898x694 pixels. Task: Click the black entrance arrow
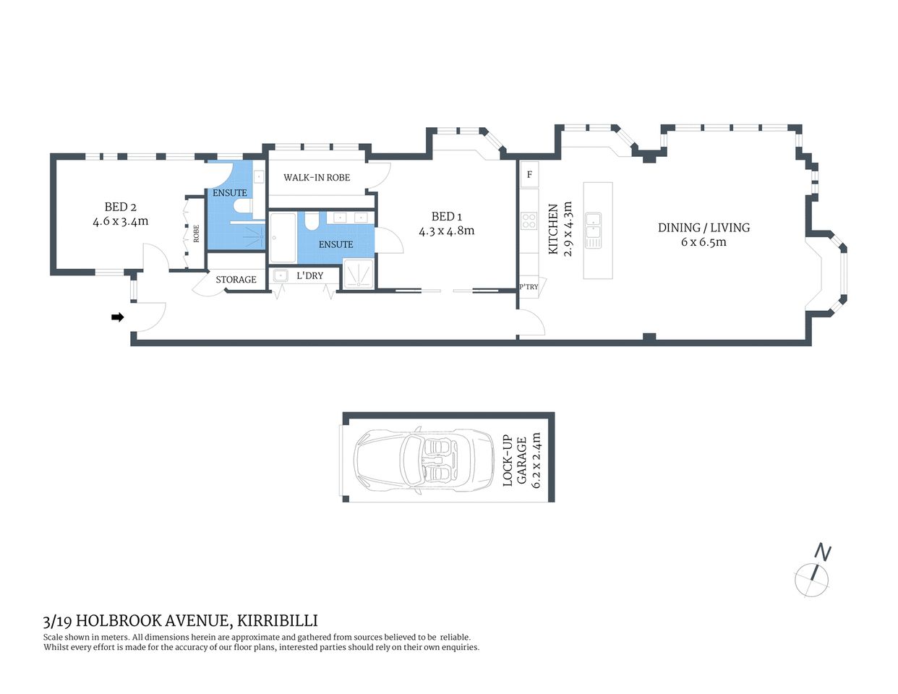click(x=117, y=317)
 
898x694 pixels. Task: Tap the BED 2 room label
click(x=120, y=207)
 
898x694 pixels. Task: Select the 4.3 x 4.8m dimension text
click(x=446, y=231)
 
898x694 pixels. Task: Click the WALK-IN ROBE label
click(x=317, y=178)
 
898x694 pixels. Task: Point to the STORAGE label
click(x=236, y=280)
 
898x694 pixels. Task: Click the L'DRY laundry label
click(x=310, y=276)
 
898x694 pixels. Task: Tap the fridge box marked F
click(x=529, y=175)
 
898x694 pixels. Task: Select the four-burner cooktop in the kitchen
click(x=529, y=220)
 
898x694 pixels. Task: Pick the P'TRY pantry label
click(x=529, y=287)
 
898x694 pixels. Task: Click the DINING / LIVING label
click(x=704, y=228)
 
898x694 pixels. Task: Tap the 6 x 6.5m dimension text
click(x=704, y=242)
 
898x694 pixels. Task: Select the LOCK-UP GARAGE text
click(x=514, y=460)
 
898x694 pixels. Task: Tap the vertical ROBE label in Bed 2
click(x=196, y=233)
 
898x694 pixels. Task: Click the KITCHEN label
click(x=554, y=228)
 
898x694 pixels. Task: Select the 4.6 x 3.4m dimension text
click(x=120, y=222)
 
